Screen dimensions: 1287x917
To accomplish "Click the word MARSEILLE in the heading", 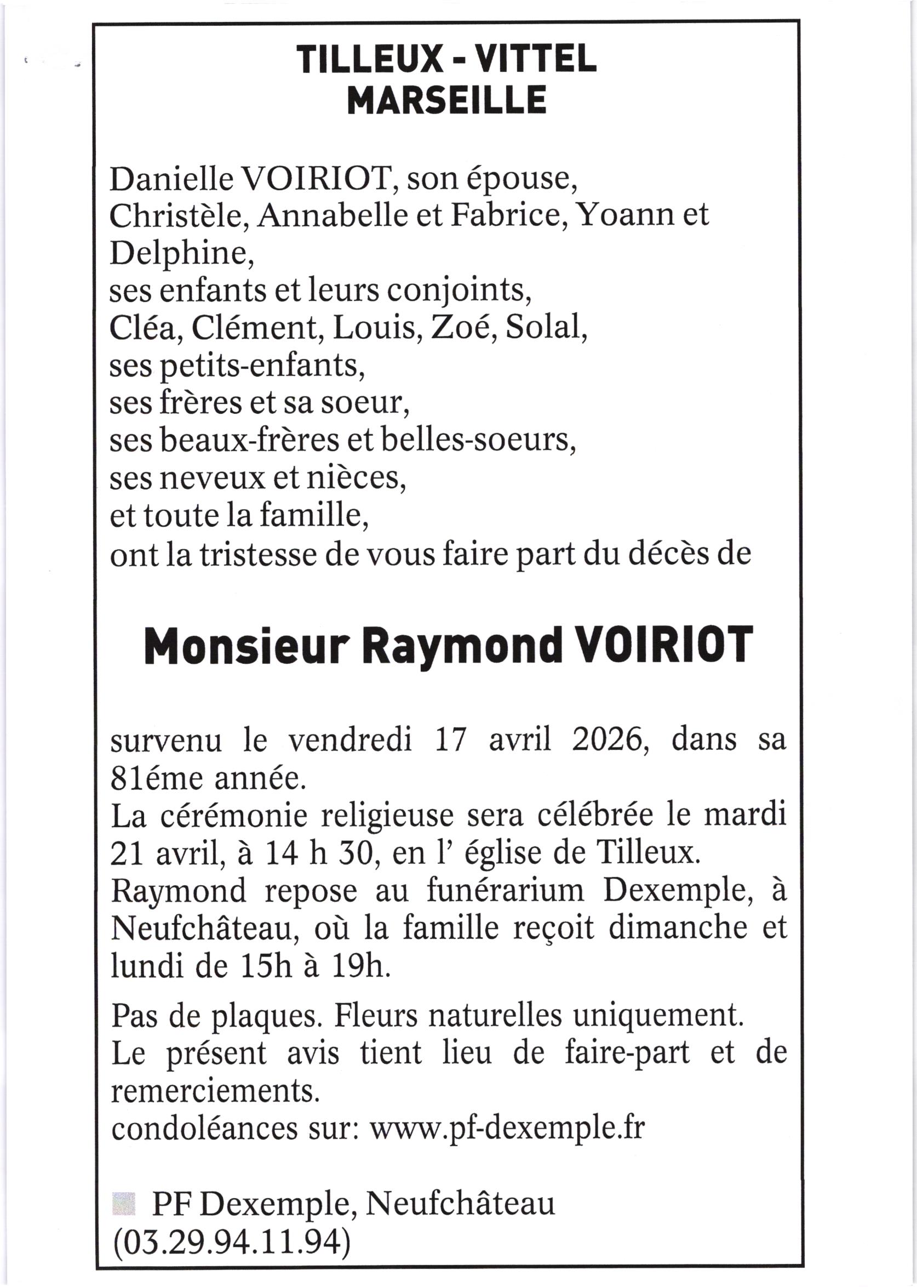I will pyautogui.click(x=446, y=100).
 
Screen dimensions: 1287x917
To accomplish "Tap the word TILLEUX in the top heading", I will pyautogui.click(x=368, y=59).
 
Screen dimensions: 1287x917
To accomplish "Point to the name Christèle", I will pyautogui.click(x=179, y=216).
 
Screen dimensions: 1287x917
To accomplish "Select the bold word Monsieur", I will pyautogui.click(x=244, y=646).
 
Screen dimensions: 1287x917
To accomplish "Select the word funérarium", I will pyautogui.click(x=505, y=891).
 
